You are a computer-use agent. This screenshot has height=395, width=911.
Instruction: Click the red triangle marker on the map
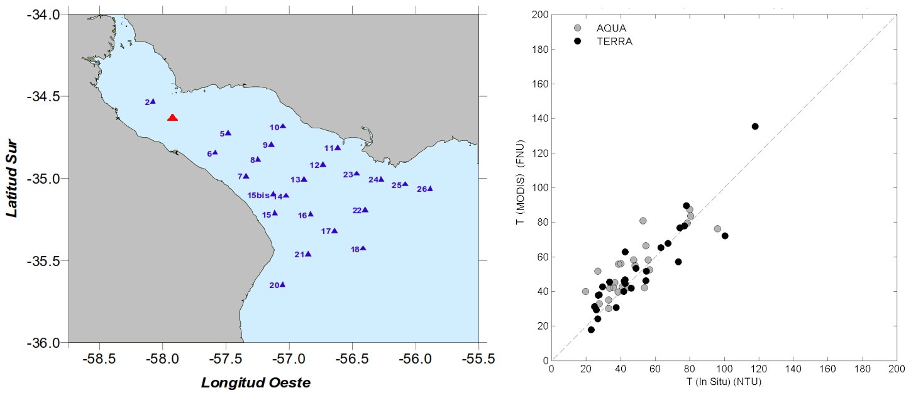(x=172, y=118)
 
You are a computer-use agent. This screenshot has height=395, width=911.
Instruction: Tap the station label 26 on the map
(x=422, y=189)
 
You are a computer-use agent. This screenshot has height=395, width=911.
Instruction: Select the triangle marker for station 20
(x=282, y=284)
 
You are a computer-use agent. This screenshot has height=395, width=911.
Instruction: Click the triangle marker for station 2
(x=153, y=101)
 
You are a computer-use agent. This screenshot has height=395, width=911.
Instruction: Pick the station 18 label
(x=355, y=250)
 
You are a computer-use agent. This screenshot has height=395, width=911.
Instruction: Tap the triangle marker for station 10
(x=283, y=126)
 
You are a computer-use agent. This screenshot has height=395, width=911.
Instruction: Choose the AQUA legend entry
(x=611, y=28)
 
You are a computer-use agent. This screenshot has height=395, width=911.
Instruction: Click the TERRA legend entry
(x=614, y=42)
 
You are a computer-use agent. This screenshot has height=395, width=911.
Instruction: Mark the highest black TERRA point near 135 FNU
(x=755, y=126)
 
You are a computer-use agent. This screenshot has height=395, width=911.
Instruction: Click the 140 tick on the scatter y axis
(x=541, y=119)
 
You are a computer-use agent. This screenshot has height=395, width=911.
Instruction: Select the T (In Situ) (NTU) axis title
(x=724, y=381)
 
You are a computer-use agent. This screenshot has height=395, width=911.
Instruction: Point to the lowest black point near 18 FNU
(x=591, y=330)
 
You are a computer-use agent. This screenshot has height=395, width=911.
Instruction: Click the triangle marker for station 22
(x=365, y=209)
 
